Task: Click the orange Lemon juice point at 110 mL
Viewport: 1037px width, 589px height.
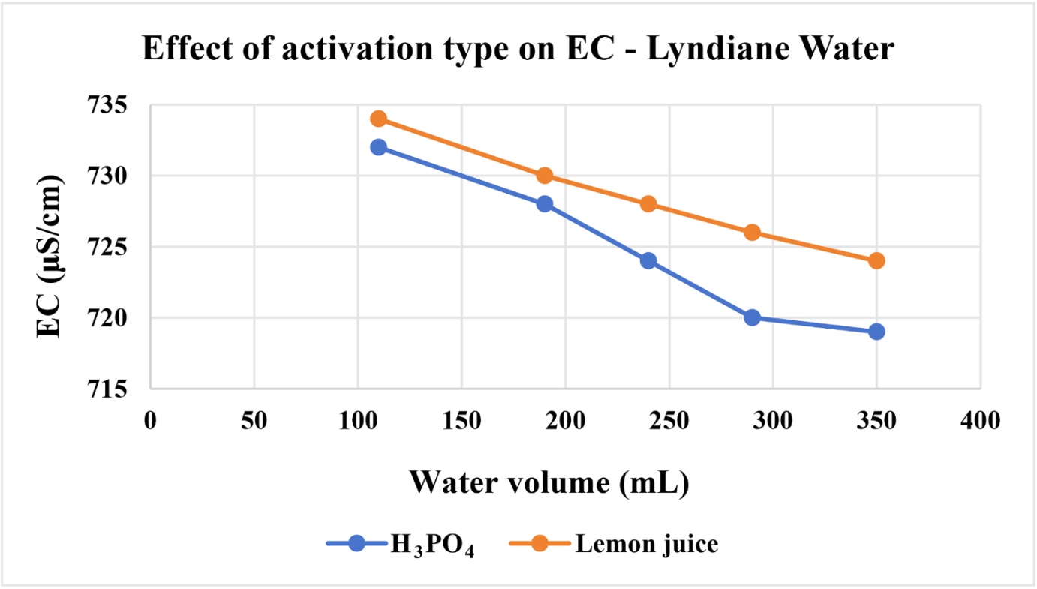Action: click(x=379, y=119)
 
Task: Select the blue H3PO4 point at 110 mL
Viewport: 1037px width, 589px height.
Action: click(x=379, y=147)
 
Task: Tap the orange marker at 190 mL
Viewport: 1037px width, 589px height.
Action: click(x=545, y=176)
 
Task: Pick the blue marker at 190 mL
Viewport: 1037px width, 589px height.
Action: click(x=545, y=204)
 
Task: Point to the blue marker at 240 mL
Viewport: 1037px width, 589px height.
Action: click(x=648, y=260)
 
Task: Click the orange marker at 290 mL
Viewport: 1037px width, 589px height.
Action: click(x=753, y=233)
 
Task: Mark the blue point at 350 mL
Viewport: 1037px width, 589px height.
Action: click(x=877, y=332)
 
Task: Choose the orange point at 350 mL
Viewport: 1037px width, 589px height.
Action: click(x=877, y=260)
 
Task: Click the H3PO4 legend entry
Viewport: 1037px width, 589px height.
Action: click(x=401, y=545)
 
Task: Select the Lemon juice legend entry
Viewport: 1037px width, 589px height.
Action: click(x=614, y=544)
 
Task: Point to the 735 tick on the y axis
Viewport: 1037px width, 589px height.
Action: click(x=107, y=106)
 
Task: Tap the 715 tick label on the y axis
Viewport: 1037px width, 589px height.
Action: click(x=107, y=389)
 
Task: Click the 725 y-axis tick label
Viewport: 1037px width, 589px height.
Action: click(x=107, y=248)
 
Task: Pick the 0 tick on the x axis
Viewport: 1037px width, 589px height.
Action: click(x=150, y=421)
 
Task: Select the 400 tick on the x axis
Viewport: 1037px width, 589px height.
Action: click(x=980, y=421)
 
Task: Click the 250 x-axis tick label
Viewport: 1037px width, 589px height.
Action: click(x=669, y=421)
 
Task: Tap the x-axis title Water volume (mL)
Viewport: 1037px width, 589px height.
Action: click(x=549, y=483)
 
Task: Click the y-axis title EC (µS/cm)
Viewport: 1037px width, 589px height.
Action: click(x=49, y=257)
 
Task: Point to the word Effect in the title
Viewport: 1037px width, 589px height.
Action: click(x=188, y=48)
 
